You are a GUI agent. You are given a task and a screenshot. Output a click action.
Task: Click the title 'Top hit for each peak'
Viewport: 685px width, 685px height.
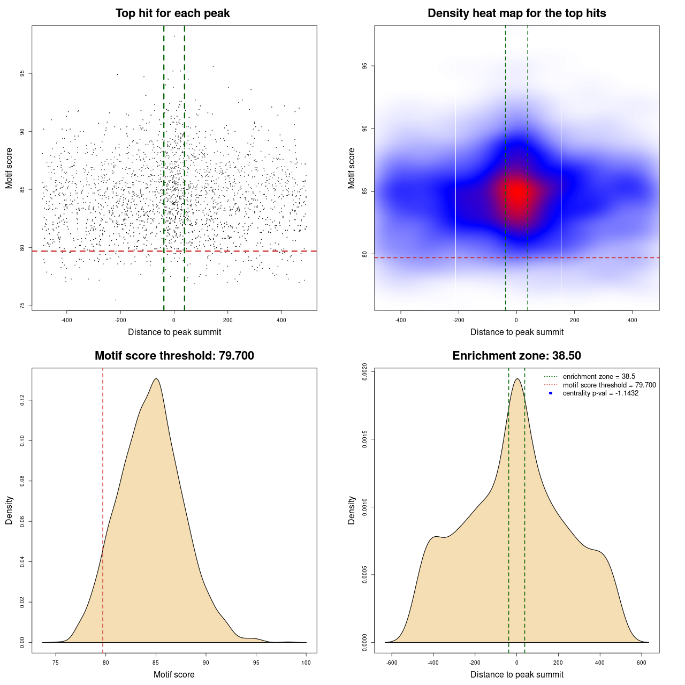click(x=172, y=13)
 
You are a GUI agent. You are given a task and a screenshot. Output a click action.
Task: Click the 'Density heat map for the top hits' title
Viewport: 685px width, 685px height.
click(x=516, y=13)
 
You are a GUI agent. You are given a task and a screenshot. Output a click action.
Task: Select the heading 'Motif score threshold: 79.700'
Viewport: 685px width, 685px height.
click(x=174, y=356)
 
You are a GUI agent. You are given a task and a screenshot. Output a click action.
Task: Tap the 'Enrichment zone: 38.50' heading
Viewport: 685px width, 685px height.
click(x=516, y=356)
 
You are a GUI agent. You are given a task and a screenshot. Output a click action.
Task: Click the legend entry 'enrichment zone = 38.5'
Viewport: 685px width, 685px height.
click(x=599, y=377)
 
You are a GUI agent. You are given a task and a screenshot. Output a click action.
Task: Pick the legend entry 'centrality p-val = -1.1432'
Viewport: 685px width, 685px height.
click(x=600, y=393)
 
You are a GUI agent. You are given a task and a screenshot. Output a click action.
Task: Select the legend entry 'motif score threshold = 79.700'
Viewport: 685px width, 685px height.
click(x=609, y=385)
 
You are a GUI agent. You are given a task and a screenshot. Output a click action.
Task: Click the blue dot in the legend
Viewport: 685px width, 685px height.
click(x=551, y=393)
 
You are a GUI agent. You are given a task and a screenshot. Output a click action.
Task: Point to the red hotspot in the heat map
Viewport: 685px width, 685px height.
click(x=517, y=193)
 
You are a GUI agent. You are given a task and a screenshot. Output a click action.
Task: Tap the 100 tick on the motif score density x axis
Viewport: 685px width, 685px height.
click(x=306, y=663)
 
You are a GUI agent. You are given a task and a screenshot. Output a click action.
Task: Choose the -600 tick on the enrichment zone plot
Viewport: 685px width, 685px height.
click(x=392, y=663)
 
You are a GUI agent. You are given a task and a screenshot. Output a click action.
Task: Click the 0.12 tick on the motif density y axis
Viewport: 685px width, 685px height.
click(x=22, y=400)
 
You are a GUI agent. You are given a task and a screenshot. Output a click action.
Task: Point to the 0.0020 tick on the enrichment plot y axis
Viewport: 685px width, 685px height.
click(x=364, y=371)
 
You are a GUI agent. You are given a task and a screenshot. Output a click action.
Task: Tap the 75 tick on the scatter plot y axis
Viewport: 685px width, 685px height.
click(x=22, y=306)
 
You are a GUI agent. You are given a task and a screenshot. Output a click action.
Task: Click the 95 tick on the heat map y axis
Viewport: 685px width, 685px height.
click(x=364, y=66)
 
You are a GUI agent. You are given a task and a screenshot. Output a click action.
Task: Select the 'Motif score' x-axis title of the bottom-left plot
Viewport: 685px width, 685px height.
click(x=174, y=674)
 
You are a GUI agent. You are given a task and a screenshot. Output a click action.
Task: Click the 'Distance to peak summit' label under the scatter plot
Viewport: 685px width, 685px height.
click(x=174, y=332)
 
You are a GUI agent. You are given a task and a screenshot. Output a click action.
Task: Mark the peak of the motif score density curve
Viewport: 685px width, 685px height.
click(x=156, y=379)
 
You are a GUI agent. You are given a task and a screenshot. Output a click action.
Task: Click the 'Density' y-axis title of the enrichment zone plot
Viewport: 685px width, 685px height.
click(x=352, y=510)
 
